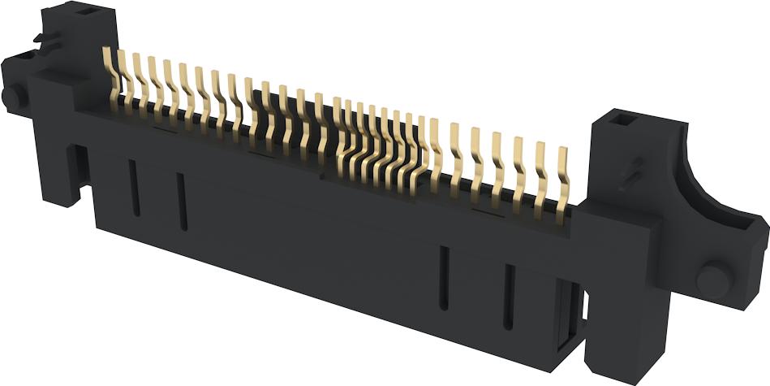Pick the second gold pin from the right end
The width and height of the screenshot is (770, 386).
point(542,169)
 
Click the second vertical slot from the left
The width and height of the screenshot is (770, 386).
point(182,201)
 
